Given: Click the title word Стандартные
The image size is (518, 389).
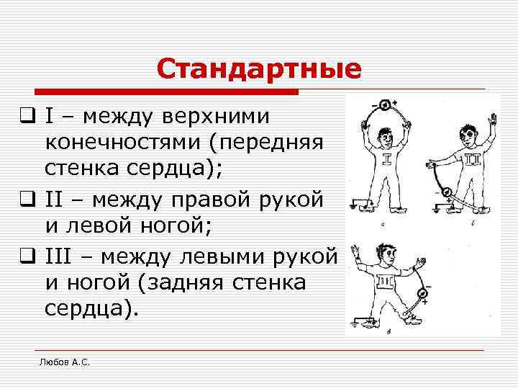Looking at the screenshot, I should tap(259, 70).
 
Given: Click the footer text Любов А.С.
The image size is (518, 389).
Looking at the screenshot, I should tap(64, 362).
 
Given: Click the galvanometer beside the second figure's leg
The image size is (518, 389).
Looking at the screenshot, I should tap(446, 192).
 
